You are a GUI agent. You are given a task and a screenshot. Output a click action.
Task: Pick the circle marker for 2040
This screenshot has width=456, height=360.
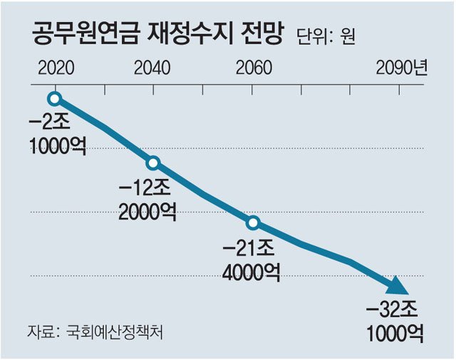click(x=153, y=163)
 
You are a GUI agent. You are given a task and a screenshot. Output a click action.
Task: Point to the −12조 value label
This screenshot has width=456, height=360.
click(x=146, y=187)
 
